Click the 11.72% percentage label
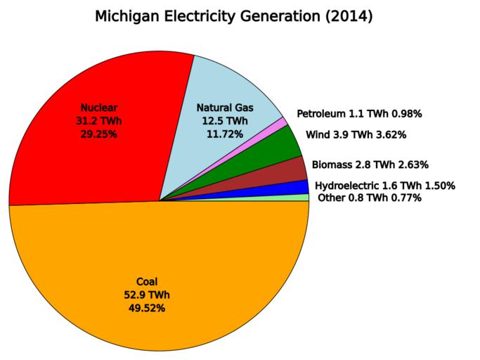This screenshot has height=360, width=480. (x=225, y=134)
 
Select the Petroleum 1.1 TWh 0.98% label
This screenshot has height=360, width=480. (x=359, y=113)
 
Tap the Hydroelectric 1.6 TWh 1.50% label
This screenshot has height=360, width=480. (x=385, y=186)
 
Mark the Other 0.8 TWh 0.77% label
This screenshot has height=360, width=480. (x=370, y=198)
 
